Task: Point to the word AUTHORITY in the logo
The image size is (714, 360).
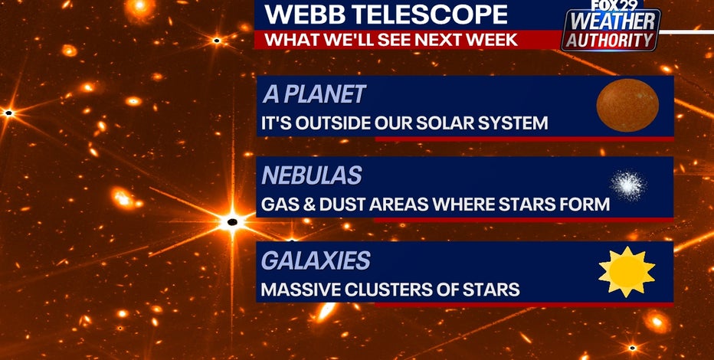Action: (x=610, y=41)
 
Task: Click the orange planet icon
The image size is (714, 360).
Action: (x=627, y=105)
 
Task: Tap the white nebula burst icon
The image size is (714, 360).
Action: (x=628, y=185)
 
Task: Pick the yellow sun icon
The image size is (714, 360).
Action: (x=627, y=272)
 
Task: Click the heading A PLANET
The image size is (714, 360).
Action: (x=314, y=94)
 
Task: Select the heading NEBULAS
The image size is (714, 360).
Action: (x=312, y=175)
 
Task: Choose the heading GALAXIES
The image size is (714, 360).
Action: (x=316, y=260)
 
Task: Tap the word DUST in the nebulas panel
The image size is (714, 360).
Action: (x=342, y=205)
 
